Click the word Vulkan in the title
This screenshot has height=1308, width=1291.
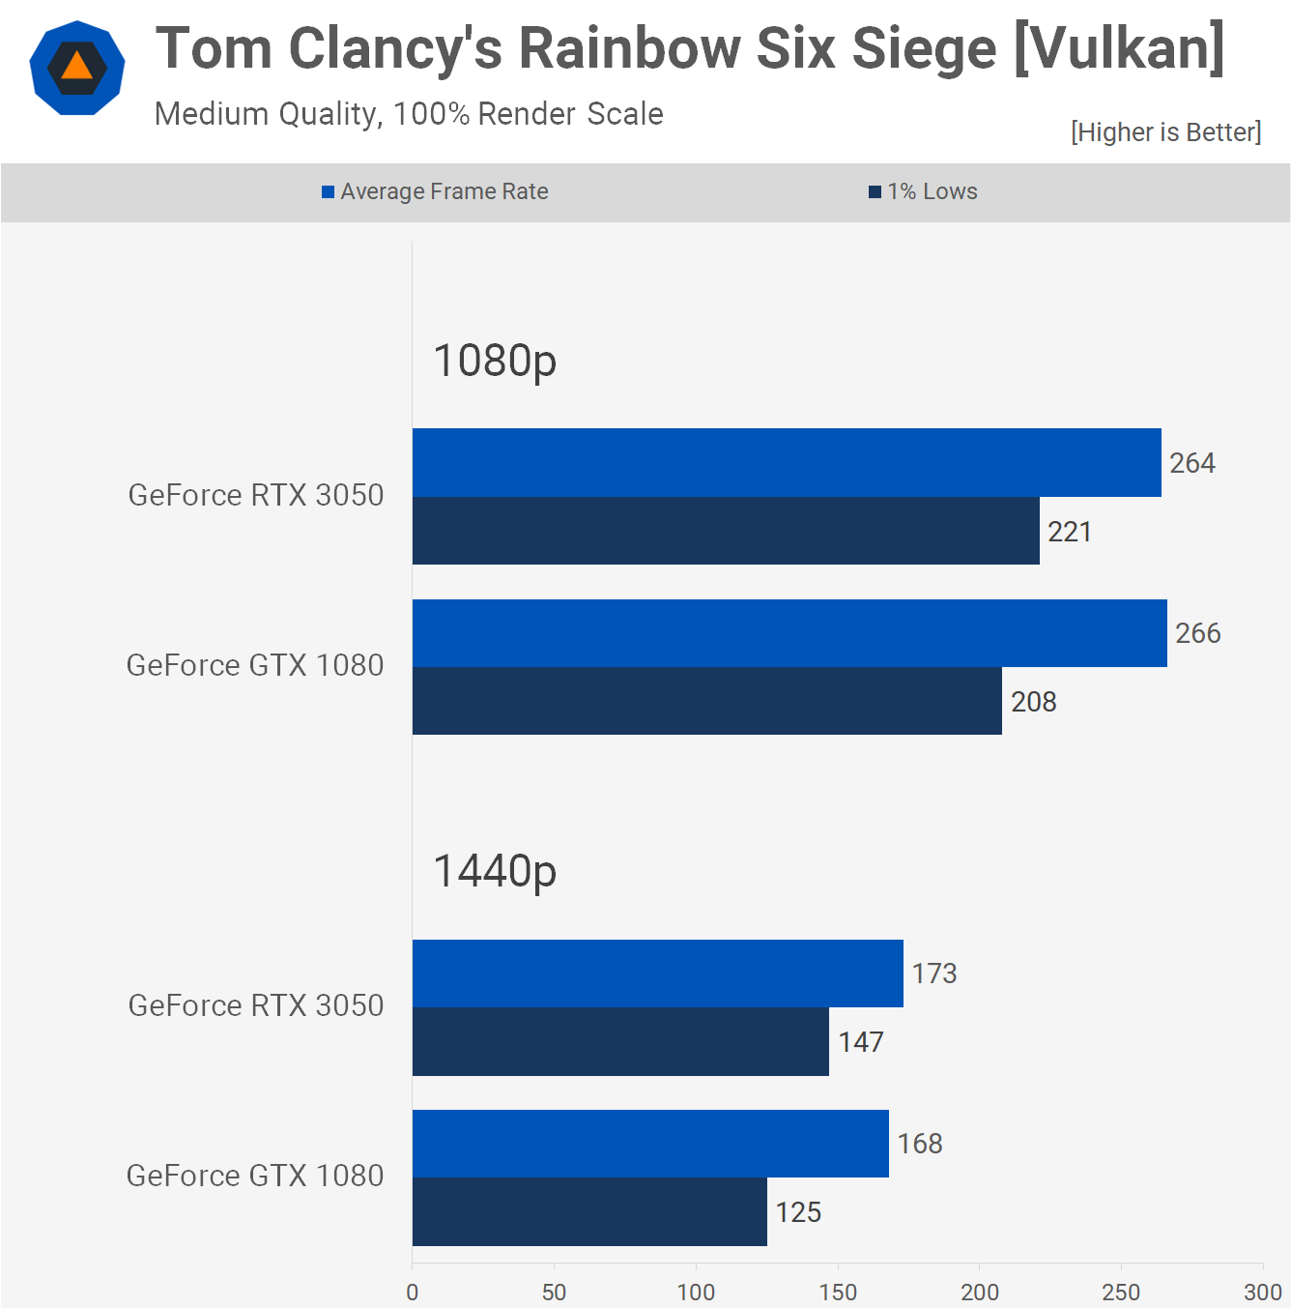[x=1119, y=49]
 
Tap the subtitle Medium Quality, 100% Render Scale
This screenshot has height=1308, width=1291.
[x=409, y=114]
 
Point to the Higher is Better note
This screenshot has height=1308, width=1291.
[x=1166, y=131]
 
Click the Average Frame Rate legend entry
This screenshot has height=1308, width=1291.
[x=435, y=191]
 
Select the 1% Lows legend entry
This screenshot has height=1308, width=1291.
[x=923, y=191]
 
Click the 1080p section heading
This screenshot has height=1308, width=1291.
[x=495, y=362]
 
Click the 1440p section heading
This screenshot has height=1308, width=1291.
[x=495, y=872]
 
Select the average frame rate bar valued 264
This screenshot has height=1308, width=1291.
[x=787, y=462]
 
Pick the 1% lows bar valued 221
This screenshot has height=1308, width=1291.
[x=726, y=531]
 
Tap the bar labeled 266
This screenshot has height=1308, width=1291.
[x=789, y=633]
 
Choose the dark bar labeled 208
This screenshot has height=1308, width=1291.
[x=707, y=701]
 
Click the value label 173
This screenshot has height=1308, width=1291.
[x=934, y=974]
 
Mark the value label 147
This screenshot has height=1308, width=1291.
[x=861, y=1042]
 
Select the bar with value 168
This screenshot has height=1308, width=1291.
[x=650, y=1144]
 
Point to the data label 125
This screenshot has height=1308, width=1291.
[x=798, y=1212]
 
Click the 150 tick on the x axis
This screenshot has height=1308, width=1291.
[x=838, y=1293]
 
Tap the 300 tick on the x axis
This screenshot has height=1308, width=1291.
[x=1262, y=1293]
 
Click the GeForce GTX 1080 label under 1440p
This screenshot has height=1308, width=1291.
[x=255, y=1176]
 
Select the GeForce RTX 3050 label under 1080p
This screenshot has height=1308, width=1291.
[x=256, y=495]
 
